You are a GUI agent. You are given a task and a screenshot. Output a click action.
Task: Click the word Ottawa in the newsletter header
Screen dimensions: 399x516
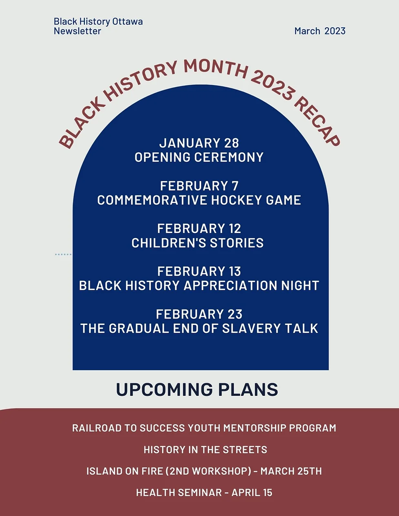(128, 22)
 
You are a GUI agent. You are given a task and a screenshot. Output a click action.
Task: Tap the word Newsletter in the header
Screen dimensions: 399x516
(77, 31)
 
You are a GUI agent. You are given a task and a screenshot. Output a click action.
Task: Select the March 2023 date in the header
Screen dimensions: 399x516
(320, 31)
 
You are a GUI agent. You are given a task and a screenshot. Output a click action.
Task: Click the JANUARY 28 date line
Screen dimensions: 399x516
(199, 143)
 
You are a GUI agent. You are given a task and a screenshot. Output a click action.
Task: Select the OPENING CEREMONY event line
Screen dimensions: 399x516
(199, 157)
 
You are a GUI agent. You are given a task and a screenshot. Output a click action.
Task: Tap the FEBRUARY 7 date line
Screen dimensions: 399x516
(199, 186)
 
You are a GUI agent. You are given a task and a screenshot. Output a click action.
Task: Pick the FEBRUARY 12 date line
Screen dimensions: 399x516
(199, 228)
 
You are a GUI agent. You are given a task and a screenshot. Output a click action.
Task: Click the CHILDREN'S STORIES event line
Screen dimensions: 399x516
(198, 243)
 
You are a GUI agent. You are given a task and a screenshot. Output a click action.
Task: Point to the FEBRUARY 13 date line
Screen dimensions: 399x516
(199, 271)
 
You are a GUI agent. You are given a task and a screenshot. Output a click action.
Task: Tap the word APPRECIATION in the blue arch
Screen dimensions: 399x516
(230, 285)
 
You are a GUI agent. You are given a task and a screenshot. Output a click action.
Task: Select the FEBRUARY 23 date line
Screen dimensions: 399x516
(199, 314)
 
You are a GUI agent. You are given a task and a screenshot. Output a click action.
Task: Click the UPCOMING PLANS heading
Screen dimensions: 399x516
(197, 390)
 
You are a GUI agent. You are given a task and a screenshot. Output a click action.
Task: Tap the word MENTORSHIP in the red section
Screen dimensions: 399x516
(254, 428)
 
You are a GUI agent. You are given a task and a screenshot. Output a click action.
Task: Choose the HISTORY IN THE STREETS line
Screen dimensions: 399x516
(205, 450)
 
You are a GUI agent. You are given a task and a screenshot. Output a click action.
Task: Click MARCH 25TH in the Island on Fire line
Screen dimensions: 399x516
(291, 471)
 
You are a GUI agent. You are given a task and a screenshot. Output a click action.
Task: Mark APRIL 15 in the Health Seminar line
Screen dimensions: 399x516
(252, 493)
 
